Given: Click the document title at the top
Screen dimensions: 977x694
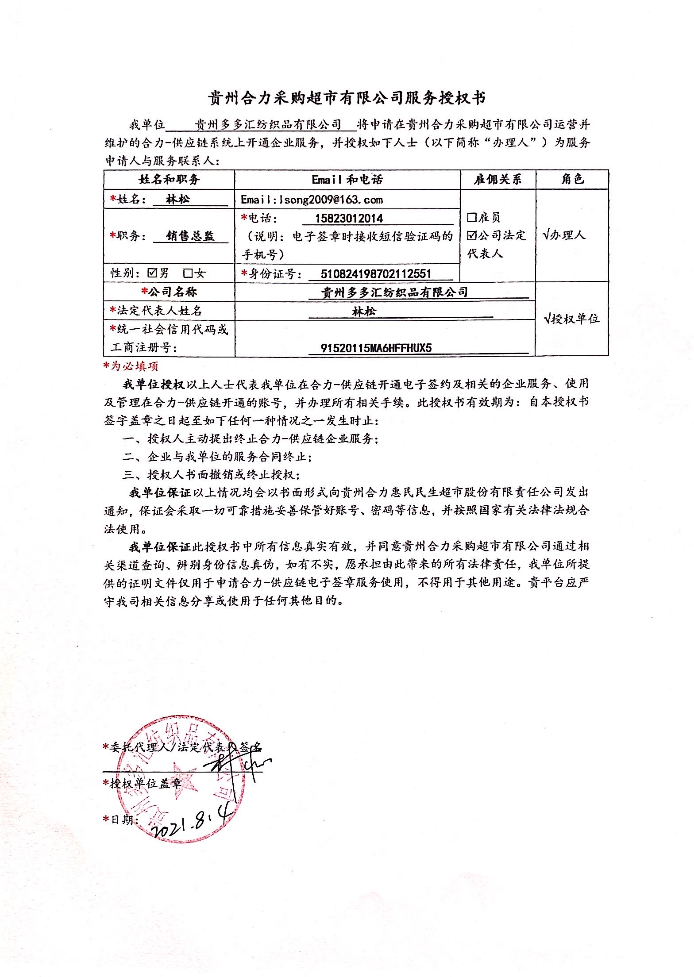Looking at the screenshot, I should tap(347, 98).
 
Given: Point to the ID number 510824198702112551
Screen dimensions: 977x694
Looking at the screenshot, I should tap(376, 273).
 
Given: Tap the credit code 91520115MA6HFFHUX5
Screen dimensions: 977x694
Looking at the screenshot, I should tap(376, 348).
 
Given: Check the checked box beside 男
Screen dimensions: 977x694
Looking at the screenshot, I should tap(153, 273).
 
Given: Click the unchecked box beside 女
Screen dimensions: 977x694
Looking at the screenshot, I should tap(189, 273).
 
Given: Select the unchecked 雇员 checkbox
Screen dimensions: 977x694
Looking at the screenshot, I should tap(472, 217).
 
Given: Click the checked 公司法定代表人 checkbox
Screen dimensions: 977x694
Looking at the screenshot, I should tap(472, 235).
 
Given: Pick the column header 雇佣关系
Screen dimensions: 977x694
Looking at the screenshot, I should tap(498, 179).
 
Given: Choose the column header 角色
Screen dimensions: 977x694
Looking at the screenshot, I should tap(572, 179).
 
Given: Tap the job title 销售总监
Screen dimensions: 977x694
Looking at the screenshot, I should tap(190, 236).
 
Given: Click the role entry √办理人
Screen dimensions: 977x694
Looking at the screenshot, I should tap(564, 235).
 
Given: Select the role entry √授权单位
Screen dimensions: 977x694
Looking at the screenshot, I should tap(571, 319).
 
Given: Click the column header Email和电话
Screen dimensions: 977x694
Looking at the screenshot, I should tap(347, 179).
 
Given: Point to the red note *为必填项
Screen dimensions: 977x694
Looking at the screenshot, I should tap(131, 366).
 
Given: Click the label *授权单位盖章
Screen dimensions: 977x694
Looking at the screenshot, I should tap(143, 783).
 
